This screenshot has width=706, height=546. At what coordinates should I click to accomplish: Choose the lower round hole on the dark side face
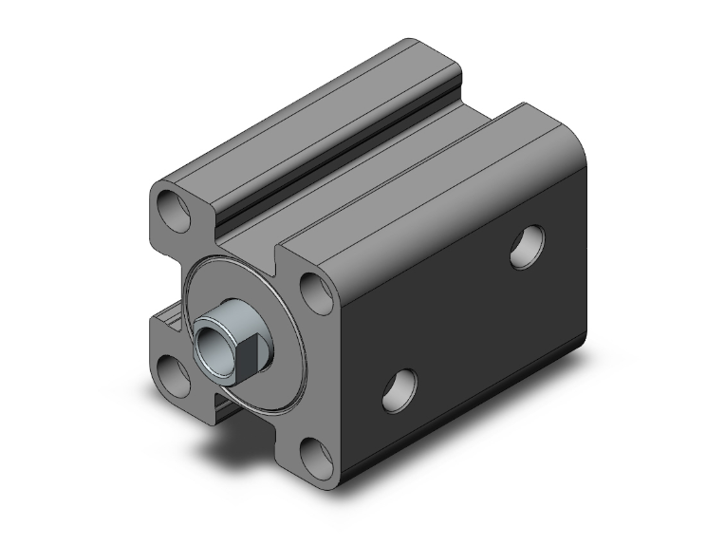[399, 390]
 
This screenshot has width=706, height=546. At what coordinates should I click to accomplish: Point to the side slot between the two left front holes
[168, 318]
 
